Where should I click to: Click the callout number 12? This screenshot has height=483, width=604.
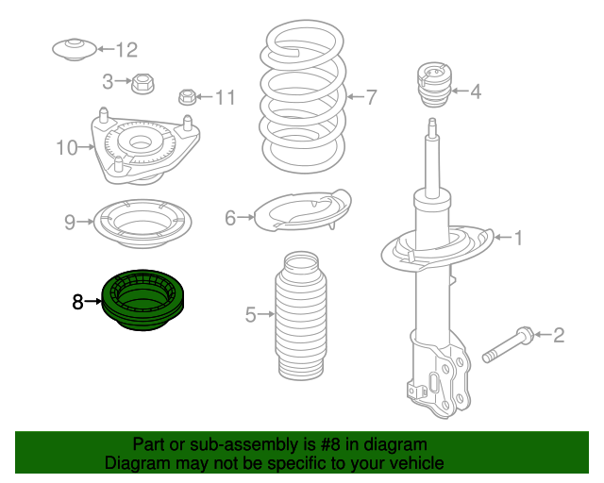(x=126, y=49)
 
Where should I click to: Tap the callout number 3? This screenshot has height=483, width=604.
(x=109, y=82)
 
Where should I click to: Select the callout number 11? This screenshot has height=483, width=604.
(x=224, y=96)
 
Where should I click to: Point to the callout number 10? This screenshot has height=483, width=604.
(x=66, y=147)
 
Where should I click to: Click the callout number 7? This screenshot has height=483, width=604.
(x=371, y=96)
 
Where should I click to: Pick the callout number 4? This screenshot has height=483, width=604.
(x=476, y=92)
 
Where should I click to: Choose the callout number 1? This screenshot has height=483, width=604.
(x=517, y=238)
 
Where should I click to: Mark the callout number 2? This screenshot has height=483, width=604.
(x=558, y=334)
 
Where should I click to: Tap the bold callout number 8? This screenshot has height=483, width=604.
(x=77, y=302)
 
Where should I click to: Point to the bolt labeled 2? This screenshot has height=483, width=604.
(x=510, y=344)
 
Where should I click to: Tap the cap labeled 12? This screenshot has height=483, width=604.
(x=73, y=49)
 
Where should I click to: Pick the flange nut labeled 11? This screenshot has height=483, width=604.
(x=188, y=96)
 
